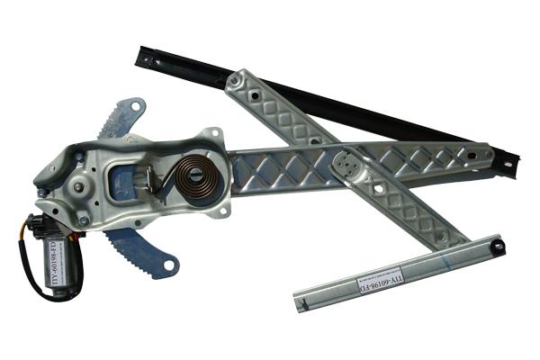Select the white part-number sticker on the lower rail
tap(382, 276)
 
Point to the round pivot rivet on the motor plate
tap(79, 187)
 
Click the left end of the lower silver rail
tap(301, 303)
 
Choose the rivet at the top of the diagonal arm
tap(236, 80)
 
